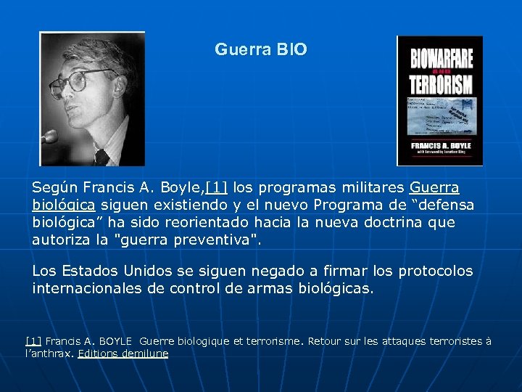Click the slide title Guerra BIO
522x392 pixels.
click(x=261, y=50)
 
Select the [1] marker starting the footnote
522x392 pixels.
click(x=33, y=340)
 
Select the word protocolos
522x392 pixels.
click(x=433, y=271)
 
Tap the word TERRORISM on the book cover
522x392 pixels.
click(x=441, y=83)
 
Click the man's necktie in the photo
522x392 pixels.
click(x=101, y=156)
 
